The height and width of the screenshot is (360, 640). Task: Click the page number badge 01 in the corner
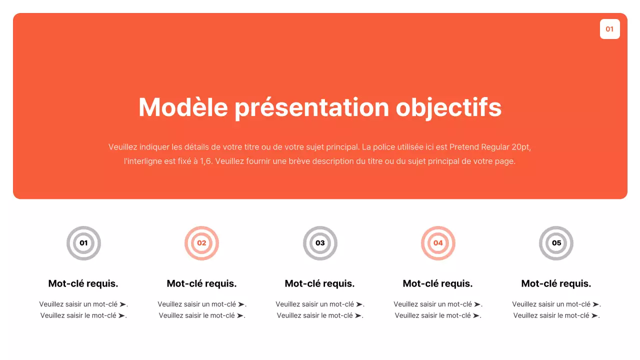coord(609,29)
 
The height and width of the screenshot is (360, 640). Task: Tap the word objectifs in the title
coord(448,107)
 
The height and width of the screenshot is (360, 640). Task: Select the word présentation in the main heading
coord(312,107)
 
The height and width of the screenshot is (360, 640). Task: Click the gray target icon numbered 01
coord(83,243)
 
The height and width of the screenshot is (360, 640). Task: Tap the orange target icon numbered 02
coord(201,243)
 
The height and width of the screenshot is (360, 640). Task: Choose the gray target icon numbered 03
coord(320,243)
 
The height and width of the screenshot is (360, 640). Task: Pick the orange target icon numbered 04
coord(438,243)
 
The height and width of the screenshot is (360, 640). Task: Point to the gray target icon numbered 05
coord(556,243)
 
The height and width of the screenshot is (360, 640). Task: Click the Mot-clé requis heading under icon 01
coord(83,283)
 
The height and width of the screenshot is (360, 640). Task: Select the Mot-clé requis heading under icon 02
coord(201,283)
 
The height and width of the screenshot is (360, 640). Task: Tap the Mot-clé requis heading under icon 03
coord(320,283)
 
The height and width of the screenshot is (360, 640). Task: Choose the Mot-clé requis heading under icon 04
coord(438,283)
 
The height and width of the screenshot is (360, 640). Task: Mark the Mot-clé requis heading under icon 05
coord(556,283)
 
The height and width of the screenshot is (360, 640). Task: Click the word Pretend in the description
coord(464,147)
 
